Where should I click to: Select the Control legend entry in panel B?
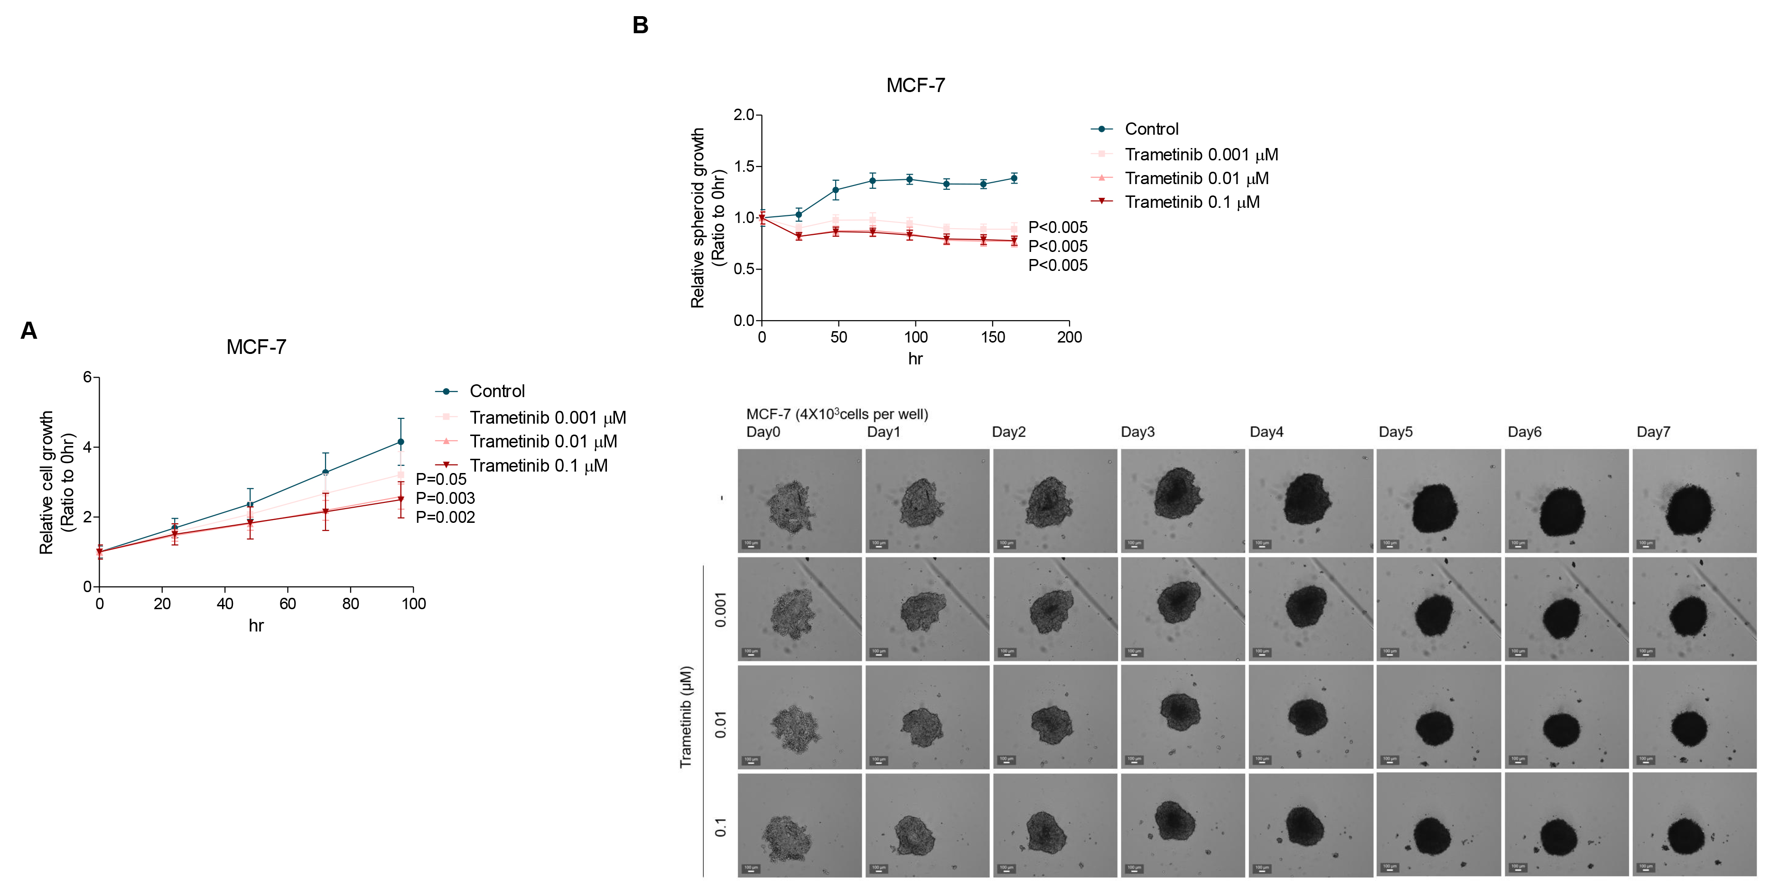point(1151,129)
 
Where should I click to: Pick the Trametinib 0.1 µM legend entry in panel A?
point(538,466)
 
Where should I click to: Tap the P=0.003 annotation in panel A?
point(445,498)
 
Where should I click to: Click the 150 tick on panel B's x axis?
point(992,337)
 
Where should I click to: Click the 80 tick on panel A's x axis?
point(350,604)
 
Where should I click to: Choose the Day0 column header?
point(763,432)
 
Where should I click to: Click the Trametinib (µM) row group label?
point(686,716)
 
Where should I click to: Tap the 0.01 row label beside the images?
point(720,725)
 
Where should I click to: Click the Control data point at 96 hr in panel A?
point(401,442)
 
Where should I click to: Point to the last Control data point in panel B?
point(1014,178)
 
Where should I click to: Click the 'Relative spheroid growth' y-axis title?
point(698,218)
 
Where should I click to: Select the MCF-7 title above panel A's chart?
point(256,347)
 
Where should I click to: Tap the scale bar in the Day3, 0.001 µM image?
point(1135,652)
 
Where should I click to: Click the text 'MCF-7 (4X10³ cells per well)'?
point(837,414)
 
